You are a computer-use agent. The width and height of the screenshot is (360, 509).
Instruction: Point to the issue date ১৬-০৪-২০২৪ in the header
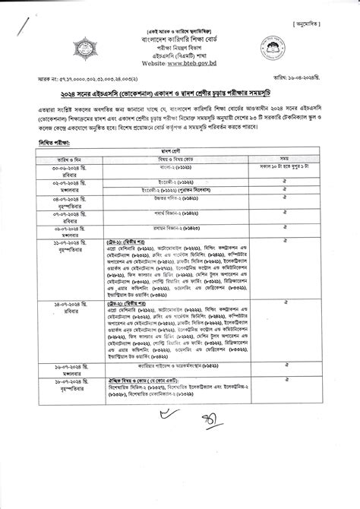coord(314,78)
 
